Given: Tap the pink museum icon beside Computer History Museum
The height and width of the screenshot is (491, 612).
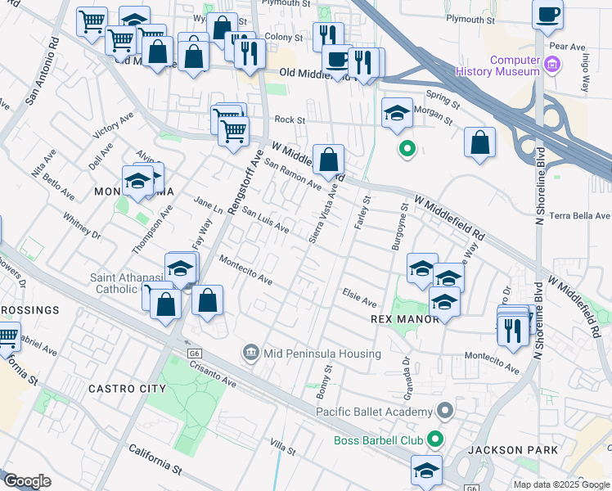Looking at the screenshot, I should pyautogui.click(x=553, y=65).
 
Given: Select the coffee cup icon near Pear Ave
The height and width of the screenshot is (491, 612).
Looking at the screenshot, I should pyautogui.click(x=547, y=16).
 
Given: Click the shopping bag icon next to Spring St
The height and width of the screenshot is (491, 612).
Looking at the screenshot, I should pyautogui.click(x=479, y=142).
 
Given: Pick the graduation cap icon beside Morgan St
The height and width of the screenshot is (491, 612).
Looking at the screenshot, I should pyautogui.click(x=397, y=113).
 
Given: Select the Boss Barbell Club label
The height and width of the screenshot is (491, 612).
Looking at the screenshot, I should pyautogui.click(x=378, y=440).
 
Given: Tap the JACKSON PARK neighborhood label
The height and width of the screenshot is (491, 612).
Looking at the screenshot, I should pyautogui.click(x=512, y=450).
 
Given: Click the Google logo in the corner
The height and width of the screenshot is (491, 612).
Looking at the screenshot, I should pyautogui.click(x=27, y=481).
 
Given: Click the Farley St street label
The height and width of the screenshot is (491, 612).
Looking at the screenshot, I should pyautogui.click(x=361, y=210).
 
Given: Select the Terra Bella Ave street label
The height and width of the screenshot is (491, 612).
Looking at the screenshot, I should pyautogui.click(x=580, y=216).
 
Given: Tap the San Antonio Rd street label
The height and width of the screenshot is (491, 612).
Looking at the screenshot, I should pyautogui.click(x=43, y=70).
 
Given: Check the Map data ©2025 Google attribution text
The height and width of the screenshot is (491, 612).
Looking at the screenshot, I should pyautogui.click(x=560, y=484).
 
